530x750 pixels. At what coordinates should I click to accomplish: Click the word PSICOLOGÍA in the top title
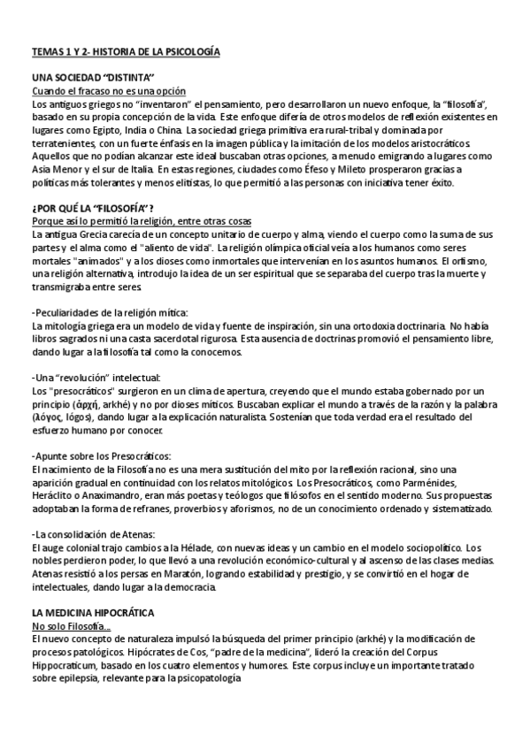(189, 53)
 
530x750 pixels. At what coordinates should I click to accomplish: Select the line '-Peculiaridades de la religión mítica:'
(110, 313)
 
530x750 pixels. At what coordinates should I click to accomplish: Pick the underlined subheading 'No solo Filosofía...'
(71, 625)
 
